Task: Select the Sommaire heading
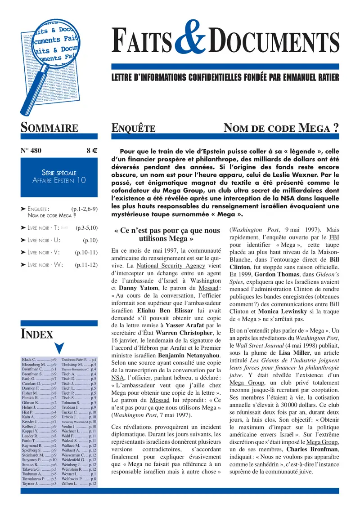click(x=49, y=128)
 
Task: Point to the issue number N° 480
click(x=31, y=151)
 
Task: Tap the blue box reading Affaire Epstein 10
click(x=59, y=176)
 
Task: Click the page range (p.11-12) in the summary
click(x=86, y=265)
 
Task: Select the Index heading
click(x=37, y=334)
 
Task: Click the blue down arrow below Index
click(x=59, y=349)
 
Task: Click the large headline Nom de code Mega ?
click(x=281, y=129)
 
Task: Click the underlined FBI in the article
click(x=334, y=237)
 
